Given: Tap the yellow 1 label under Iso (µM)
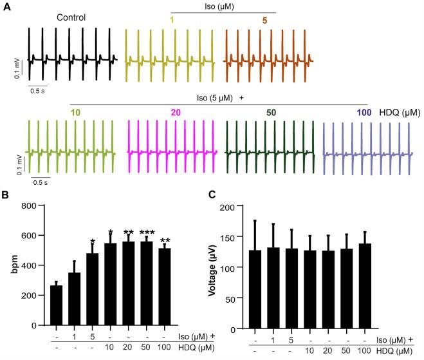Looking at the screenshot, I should (172, 21).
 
